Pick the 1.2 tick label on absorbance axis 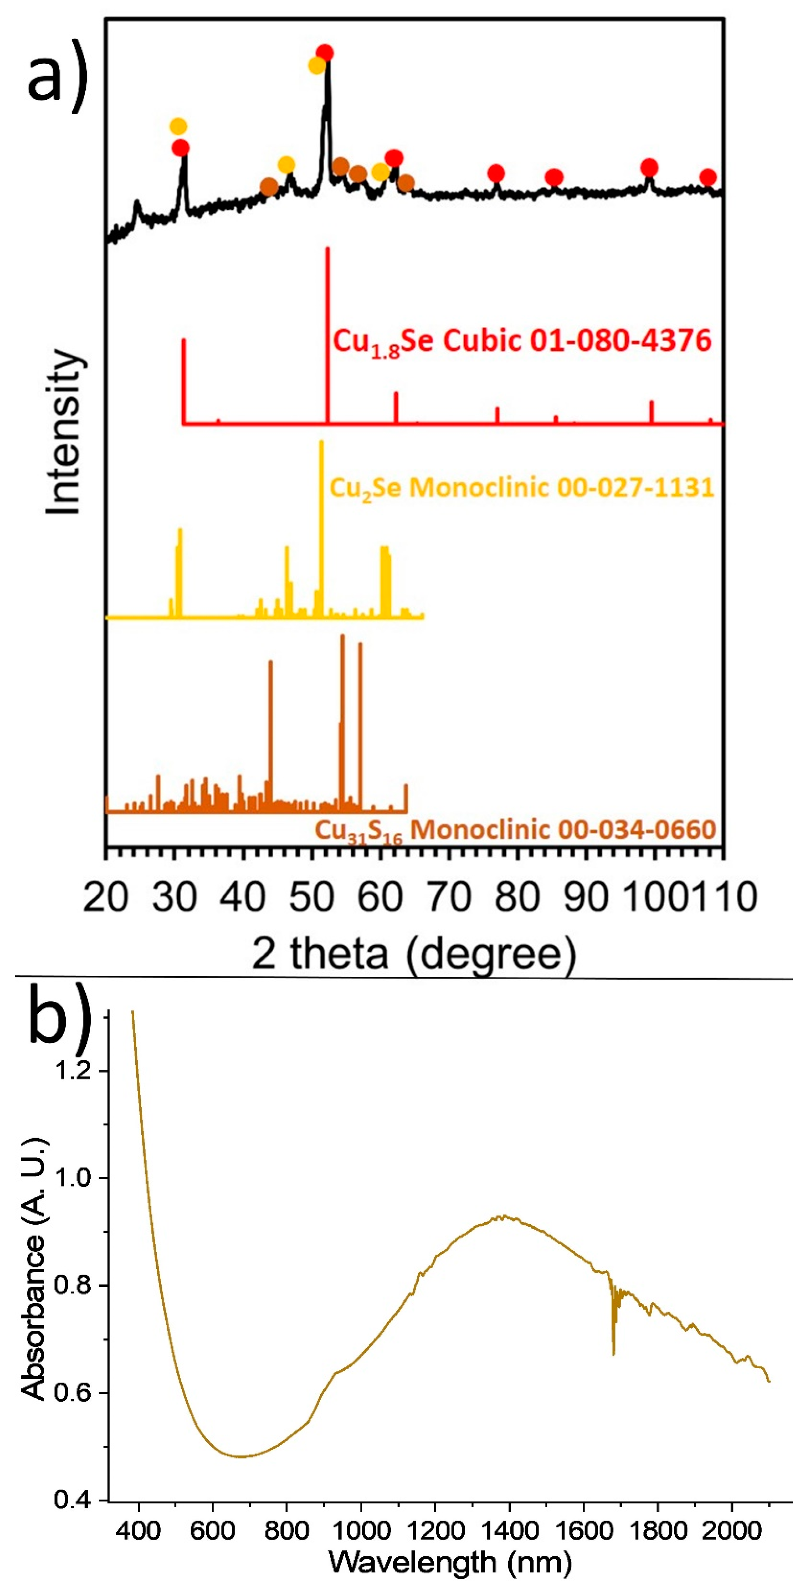(x=74, y=1071)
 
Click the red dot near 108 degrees (x=708, y=177)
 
